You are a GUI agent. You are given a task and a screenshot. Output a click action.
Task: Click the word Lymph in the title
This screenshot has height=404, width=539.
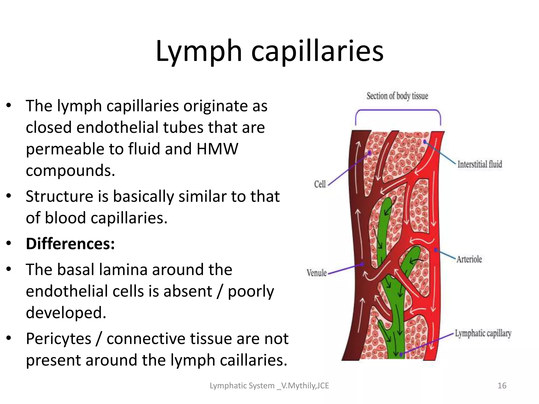pyautogui.click(x=199, y=51)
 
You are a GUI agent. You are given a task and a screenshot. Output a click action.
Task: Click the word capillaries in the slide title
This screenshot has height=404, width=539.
pyautogui.click(x=317, y=51)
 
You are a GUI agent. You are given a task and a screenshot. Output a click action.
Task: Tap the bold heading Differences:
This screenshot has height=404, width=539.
pyautogui.click(x=70, y=244)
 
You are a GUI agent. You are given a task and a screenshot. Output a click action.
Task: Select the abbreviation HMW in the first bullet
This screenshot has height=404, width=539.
pyautogui.click(x=217, y=149)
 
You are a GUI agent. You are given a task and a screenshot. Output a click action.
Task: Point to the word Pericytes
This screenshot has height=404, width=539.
pyautogui.click(x=58, y=339)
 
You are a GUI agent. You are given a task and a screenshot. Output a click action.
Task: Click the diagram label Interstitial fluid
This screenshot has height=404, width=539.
pyautogui.click(x=480, y=164)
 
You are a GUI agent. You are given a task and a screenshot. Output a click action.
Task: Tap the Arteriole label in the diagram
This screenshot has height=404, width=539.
pyautogui.click(x=469, y=259)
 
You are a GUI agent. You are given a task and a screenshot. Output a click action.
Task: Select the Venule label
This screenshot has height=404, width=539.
pyautogui.click(x=317, y=273)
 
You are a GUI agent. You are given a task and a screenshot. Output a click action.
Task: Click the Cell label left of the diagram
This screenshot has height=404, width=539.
pyautogui.click(x=320, y=184)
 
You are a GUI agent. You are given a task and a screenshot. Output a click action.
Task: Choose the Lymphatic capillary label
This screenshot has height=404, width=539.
pyautogui.click(x=483, y=334)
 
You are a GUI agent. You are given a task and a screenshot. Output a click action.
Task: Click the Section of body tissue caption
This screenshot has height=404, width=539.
pyautogui.click(x=397, y=96)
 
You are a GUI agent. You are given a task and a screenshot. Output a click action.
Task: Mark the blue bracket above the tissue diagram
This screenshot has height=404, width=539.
pyautogui.click(x=398, y=110)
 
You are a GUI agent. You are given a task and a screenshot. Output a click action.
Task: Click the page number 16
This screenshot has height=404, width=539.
pyautogui.click(x=502, y=386)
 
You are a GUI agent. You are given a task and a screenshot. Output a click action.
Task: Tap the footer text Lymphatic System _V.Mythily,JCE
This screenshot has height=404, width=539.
pyautogui.click(x=269, y=386)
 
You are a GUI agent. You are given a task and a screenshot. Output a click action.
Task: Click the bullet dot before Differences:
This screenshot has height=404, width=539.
pyautogui.click(x=9, y=244)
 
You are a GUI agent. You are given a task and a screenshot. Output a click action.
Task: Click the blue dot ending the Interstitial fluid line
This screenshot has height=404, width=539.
pyautogui.click(x=425, y=142)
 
